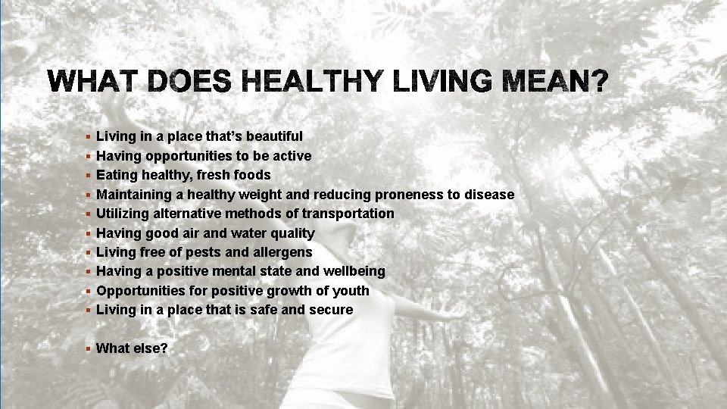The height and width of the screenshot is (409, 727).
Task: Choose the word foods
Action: (252, 175)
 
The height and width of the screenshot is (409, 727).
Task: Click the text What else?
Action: (132, 348)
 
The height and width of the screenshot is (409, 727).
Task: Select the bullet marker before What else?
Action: (89, 348)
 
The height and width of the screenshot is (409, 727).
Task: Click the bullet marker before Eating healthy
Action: (89, 175)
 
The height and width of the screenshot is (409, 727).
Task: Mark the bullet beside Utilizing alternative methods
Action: (89, 214)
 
